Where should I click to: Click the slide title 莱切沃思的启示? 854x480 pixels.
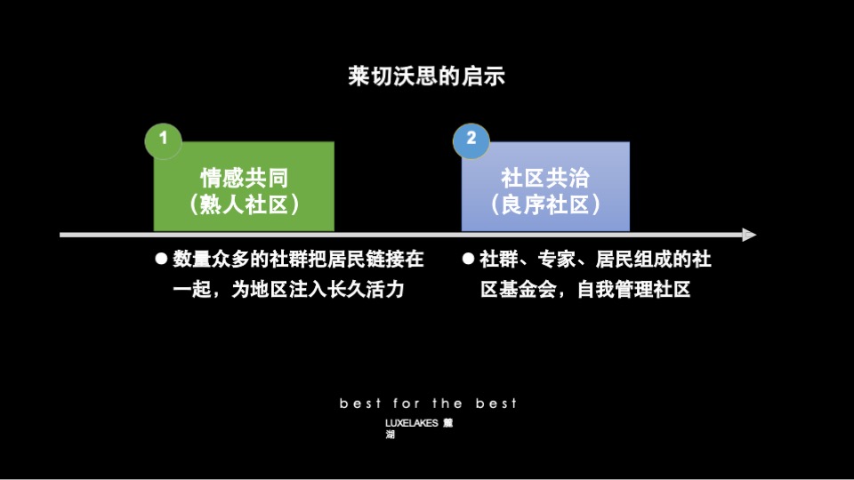click(426, 76)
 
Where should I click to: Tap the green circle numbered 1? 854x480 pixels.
click(163, 138)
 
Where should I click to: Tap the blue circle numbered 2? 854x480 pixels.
click(471, 138)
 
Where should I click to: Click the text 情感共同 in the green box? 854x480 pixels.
click(244, 178)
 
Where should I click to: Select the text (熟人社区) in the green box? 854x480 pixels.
click(244, 205)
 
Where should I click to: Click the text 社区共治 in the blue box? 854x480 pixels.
click(545, 178)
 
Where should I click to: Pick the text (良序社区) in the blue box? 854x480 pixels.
click(545, 205)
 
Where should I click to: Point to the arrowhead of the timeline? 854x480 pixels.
click(749, 235)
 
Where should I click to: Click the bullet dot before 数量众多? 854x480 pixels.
click(162, 260)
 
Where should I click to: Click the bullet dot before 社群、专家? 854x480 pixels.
click(469, 260)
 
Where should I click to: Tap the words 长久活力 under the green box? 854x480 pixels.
click(365, 289)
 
